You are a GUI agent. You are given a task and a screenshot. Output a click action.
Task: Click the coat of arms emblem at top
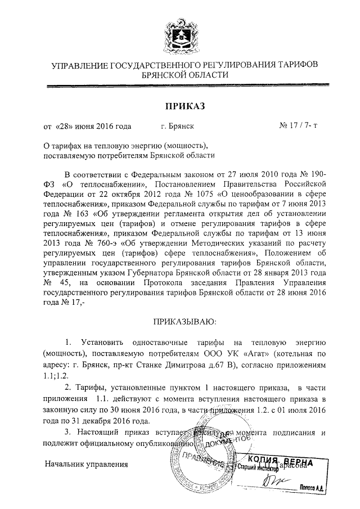pyautogui.click(x=180, y=31)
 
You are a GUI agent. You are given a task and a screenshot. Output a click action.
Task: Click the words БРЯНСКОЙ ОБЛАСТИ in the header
pyautogui.click(x=184, y=74)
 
